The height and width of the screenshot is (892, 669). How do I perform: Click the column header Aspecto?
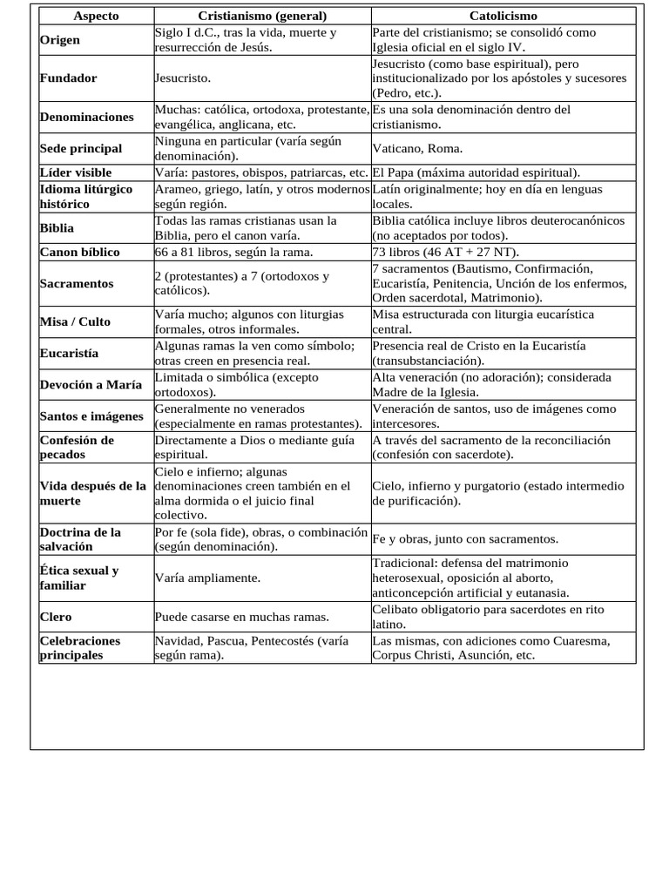(x=96, y=17)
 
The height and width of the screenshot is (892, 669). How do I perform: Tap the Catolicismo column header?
(x=503, y=17)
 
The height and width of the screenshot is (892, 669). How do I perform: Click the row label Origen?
(x=60, y=40)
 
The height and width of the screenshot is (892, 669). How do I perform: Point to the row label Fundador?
(x=68, y=78)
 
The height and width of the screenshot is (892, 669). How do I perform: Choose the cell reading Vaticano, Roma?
(x=417, y=148)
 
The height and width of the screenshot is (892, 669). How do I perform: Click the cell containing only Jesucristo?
(x=183, y=78)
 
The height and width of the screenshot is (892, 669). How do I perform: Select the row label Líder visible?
(x=76, y=172)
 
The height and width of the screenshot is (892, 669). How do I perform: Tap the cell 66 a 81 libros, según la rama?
(x=233, y=253)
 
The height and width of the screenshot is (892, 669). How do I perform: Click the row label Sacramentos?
(x=77, y=284)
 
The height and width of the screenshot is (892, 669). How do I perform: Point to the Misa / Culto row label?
(x=76, y=321)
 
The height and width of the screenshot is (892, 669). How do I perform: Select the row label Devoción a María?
(x=91, y=384)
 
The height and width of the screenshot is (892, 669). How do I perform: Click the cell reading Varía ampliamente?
(x=207, y=578)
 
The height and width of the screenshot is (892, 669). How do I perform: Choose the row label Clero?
(x=57, y=617)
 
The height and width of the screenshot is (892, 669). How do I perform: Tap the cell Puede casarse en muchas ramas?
(x=242, y=617)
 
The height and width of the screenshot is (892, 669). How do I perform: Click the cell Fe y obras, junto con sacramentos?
(x=465, y=539)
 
